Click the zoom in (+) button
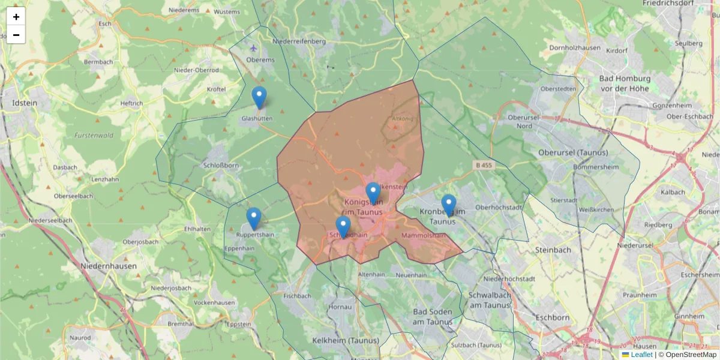(16, 17)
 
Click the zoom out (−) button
(16, 35)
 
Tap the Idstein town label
(25, 103)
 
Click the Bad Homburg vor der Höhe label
(625, 83)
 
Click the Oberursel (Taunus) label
(573, 152)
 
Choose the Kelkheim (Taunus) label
(346, 340)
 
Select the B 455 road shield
(484, 164)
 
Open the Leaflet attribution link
(641, 355)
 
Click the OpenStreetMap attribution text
(691, 355)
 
